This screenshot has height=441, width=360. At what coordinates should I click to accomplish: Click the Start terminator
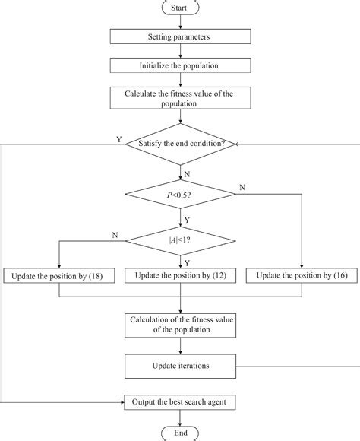[180, 8]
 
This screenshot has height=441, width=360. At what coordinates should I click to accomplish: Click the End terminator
[180, 433]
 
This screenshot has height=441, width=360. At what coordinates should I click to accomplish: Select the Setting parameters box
[180, 36]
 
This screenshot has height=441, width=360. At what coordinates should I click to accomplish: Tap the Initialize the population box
[180, 65]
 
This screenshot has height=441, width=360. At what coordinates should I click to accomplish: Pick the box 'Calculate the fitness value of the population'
[180, 98]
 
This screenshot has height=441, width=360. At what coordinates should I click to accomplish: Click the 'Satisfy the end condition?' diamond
[180, 143]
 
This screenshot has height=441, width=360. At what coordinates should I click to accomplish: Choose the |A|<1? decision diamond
[180, 241]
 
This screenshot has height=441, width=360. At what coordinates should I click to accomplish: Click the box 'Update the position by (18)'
[58, 274]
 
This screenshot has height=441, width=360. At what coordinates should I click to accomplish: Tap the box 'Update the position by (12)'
[180, 274]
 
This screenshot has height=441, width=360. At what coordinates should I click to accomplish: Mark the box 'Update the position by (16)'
[302, 274]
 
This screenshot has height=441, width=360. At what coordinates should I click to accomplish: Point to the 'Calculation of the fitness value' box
[180, 325]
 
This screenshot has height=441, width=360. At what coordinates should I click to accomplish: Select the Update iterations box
[180, 366]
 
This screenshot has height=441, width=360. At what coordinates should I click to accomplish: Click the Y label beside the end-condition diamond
[118, 140]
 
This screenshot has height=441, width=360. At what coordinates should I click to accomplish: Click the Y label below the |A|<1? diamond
[186, 261]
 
